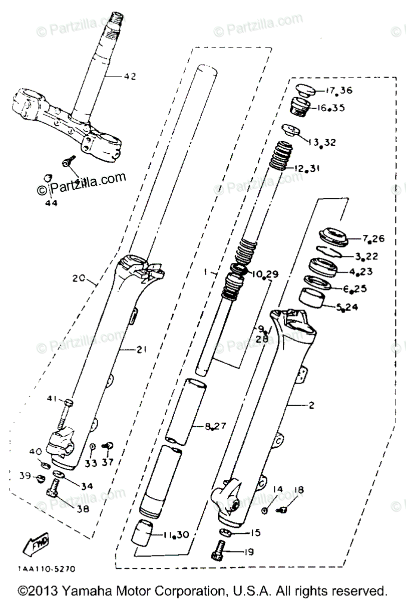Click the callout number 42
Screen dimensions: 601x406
click(x=130, y=77)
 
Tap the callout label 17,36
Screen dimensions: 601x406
click(x=339, y=91)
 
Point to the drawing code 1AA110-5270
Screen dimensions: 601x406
click(x=47, y=569)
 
